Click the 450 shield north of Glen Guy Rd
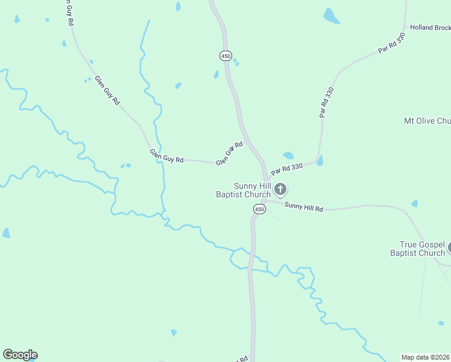pos(225,56)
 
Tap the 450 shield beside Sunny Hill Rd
pos(259,209)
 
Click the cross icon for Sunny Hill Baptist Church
pos(280,190)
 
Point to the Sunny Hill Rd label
pos(304,207)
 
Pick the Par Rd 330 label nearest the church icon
pos(286,168)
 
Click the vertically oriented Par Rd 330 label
pos(326,102)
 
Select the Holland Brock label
pos(430,28)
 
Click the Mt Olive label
pos(427,121)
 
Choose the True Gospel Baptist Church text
pos(422,249)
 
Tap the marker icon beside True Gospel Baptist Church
pos(449,247)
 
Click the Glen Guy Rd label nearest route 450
pos(229,153)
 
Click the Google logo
pos(20,355)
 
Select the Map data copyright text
pos(426,357)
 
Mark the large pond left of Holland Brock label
pos(331,16)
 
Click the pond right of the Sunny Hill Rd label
pos(414,203)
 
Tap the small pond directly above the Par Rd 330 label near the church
pos(288,156)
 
